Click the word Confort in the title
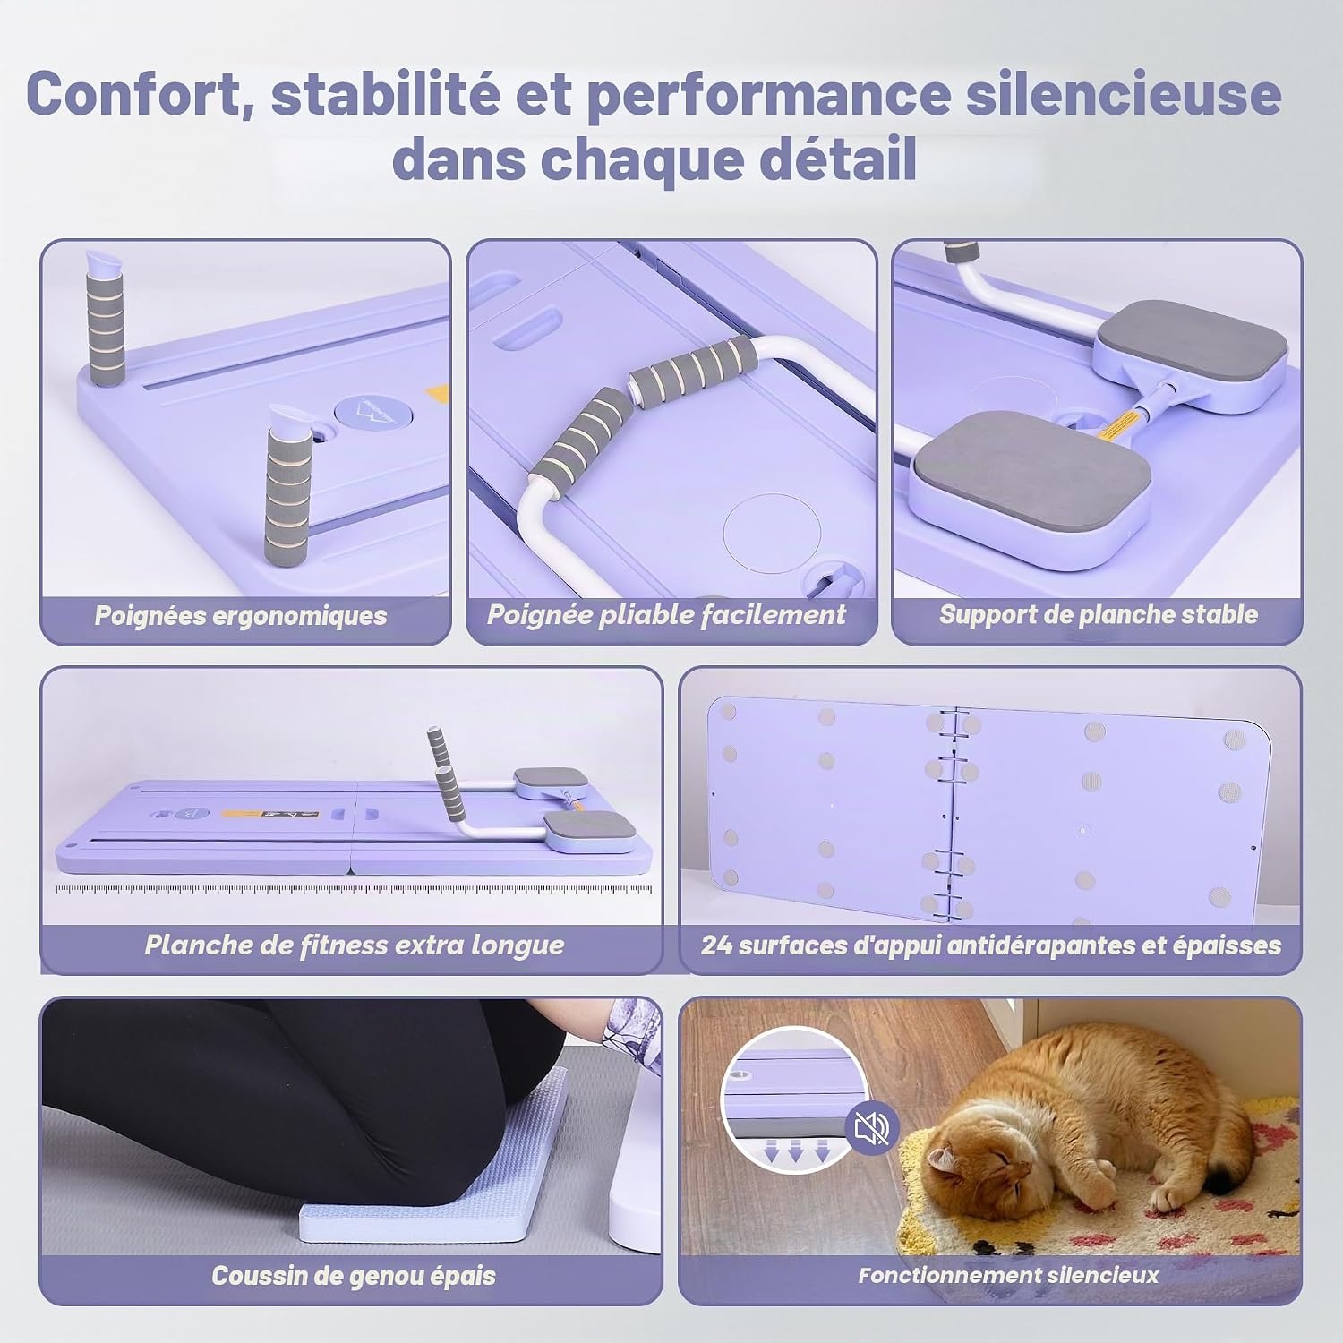(x=133, y=94)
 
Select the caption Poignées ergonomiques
(x=241, y=616)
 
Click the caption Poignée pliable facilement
(x=666, y=615)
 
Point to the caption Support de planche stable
(x=1098, y=615)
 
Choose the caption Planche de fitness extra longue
(x=355, y=945)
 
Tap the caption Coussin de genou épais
(x=354, y=1276)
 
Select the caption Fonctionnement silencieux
(x=1008, y=1276)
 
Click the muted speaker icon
(x=871, y=1130)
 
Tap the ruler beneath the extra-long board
(x=358, y=890)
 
